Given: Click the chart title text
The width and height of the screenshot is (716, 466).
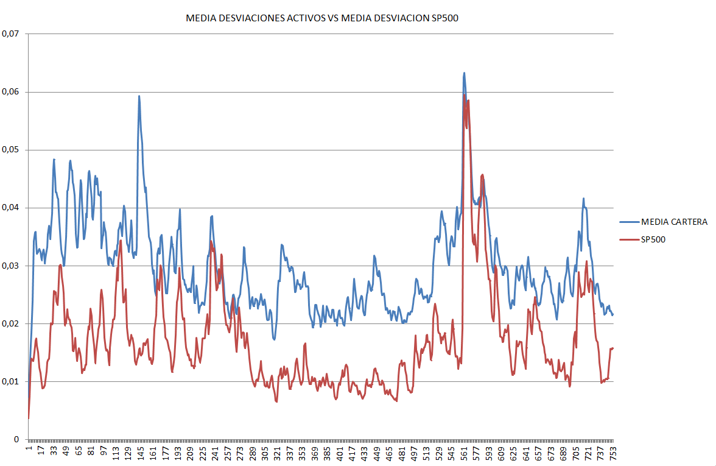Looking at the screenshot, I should tap(321, 19).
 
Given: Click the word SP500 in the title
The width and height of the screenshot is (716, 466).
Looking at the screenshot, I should tap(444, 19).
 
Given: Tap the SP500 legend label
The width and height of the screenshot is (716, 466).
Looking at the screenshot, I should tap(653, 240).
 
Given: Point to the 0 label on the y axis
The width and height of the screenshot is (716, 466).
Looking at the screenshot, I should tap(17, 439).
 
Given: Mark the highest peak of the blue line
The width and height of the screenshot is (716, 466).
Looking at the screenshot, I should tap(464, 73).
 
